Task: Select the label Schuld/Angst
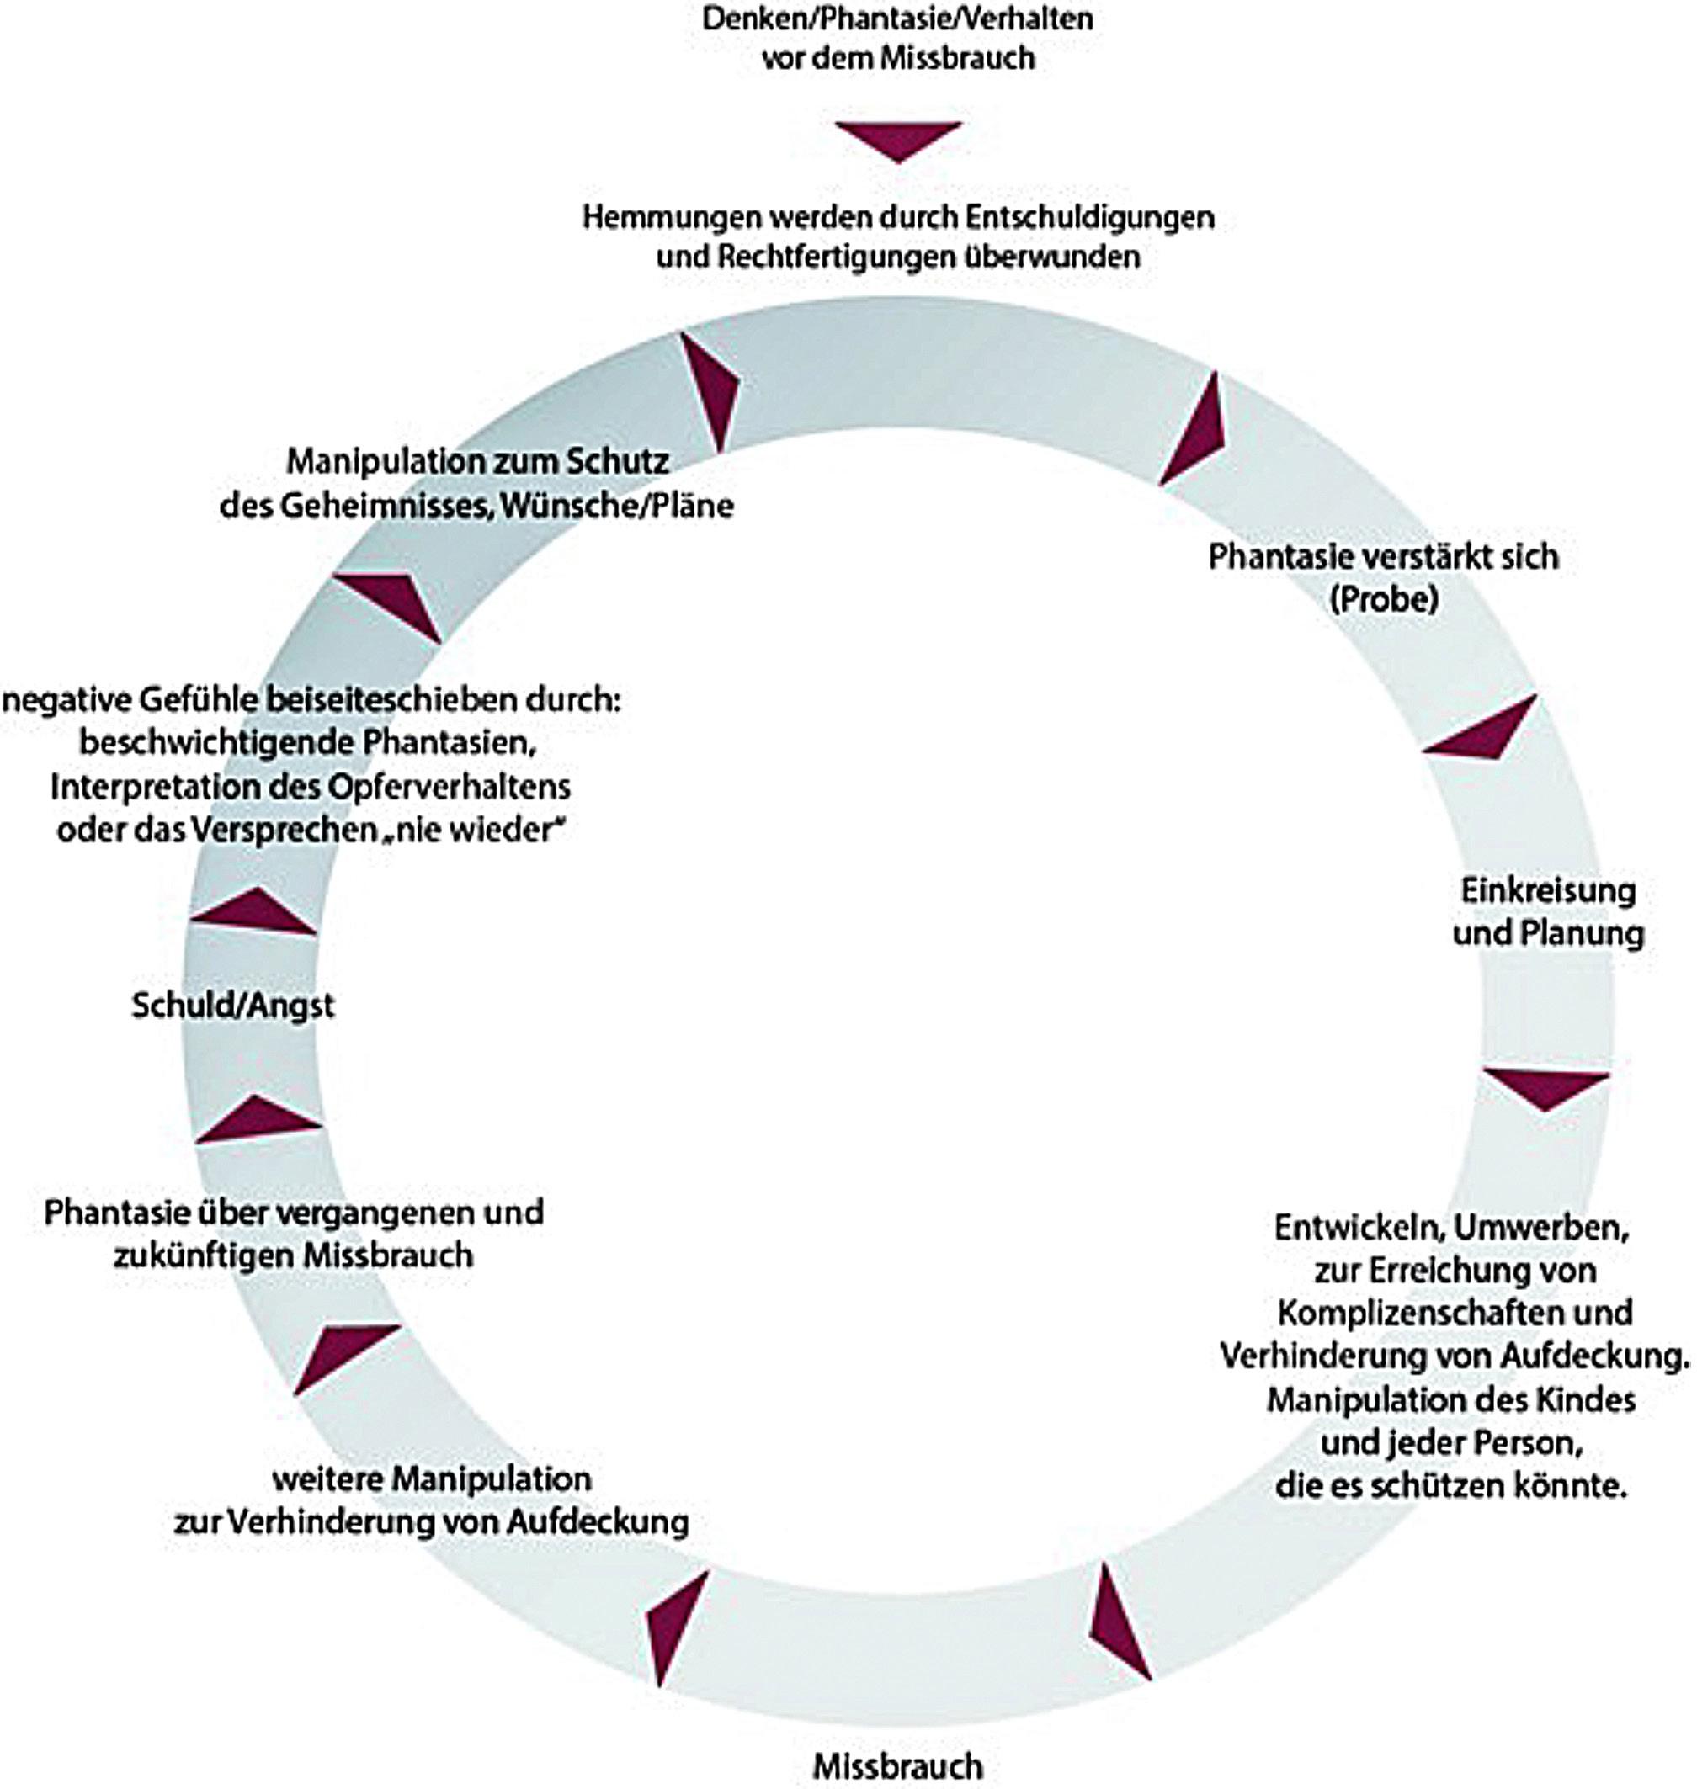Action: (233, 1006)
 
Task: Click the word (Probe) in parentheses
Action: (1384, 600)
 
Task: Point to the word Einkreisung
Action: (1549, 891)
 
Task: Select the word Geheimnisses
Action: (384, 506)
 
